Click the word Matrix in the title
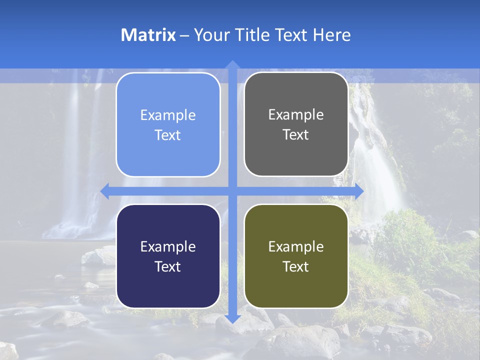point(148,35)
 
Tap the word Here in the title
point(331,35)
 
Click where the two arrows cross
point(232,191)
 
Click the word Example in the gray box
point(296,115)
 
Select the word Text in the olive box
point(296,266)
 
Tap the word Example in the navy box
point(168,246)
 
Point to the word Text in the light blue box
point(168,135)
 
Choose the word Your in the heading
point(210,35)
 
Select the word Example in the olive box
point(296,246)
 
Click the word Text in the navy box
point(168,266)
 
